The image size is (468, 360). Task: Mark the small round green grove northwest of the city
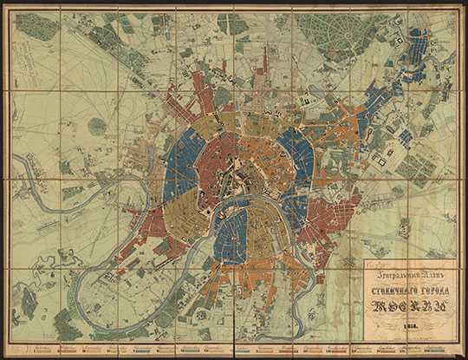97,126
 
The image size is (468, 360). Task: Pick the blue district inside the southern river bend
229,234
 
